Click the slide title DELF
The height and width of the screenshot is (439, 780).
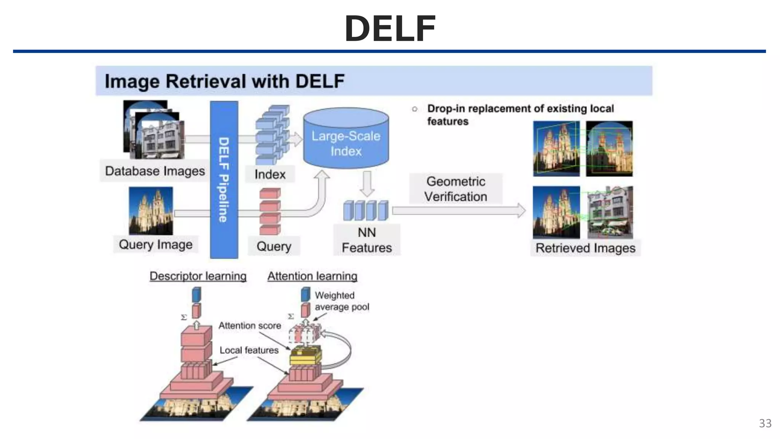point(390,29)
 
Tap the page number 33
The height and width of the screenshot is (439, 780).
point(765,423)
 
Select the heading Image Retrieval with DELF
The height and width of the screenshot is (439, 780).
point(224,81)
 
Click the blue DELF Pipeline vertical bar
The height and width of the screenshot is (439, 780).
point(224,179)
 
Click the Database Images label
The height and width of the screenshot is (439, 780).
point(155,171)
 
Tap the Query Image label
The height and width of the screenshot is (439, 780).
point(155,244)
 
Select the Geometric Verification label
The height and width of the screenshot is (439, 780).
point(456,189)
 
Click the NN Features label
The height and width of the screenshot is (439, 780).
point(366,240)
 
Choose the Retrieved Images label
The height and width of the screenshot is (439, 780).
point(585,248)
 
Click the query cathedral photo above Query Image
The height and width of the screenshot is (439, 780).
point(151,211)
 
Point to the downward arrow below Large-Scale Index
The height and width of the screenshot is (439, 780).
point(367,184)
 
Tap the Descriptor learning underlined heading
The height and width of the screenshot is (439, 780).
point(198,276)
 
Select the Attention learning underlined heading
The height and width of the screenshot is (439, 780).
point(312,276)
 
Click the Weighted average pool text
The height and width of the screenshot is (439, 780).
point(341,301)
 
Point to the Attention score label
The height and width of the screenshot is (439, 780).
point(249,325)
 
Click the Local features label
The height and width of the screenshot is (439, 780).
point(249,350)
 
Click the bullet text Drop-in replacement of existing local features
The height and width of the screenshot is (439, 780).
point(520,115)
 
